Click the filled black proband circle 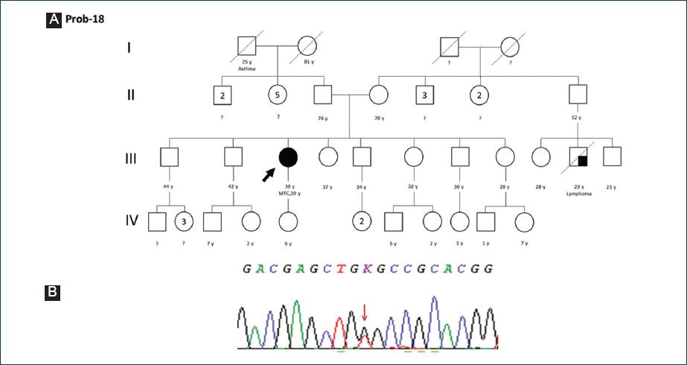(x=288, y=157)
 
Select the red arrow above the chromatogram (x=364, y=312)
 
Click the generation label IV (x=131, y=220)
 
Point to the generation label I (x=130, y=49)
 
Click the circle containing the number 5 (x=278, y=95)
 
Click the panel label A (x=54, y=20)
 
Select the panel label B (x=53, y=292)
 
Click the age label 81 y (x=307, y=62)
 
